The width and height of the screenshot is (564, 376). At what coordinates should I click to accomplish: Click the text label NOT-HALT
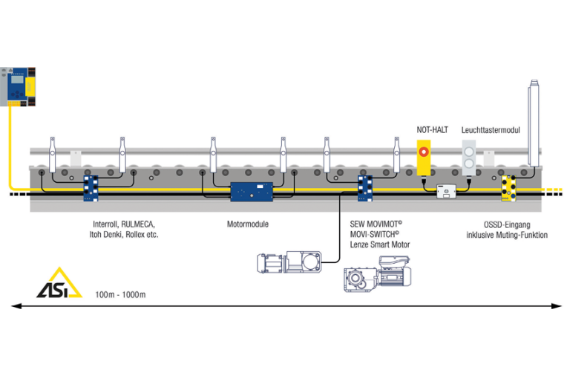432,130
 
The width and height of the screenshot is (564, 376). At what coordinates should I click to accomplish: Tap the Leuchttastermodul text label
490,130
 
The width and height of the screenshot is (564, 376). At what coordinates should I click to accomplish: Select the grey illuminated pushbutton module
469,158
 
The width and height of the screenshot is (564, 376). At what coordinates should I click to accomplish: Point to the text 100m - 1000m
120,294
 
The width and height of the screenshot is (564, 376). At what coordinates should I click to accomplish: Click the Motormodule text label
248,224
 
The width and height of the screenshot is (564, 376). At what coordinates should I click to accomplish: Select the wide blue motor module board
252,192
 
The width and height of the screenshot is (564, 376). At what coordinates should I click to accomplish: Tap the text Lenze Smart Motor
379,244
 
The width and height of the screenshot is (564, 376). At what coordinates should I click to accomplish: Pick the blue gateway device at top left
17,85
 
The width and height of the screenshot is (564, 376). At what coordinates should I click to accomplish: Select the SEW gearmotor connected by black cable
289,261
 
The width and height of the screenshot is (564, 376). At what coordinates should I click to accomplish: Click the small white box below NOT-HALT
445,192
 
